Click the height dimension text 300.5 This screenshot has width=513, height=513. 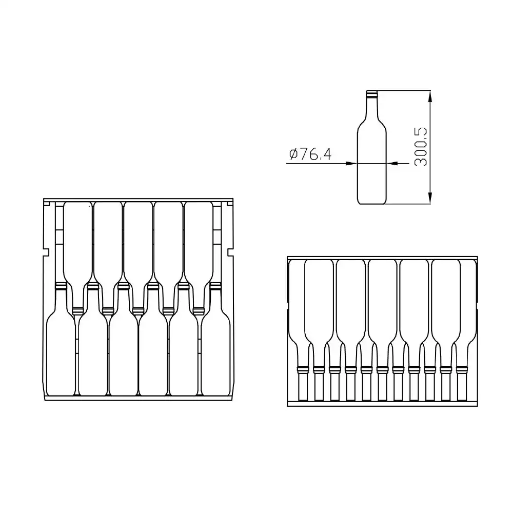421,147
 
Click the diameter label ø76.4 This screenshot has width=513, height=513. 310,154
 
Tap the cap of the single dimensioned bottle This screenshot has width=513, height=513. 371,94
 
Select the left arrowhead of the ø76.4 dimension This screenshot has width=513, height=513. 351,163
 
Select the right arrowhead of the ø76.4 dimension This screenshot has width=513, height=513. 392,163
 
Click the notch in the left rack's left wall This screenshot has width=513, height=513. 46,252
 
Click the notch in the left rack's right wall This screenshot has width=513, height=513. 230,252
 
